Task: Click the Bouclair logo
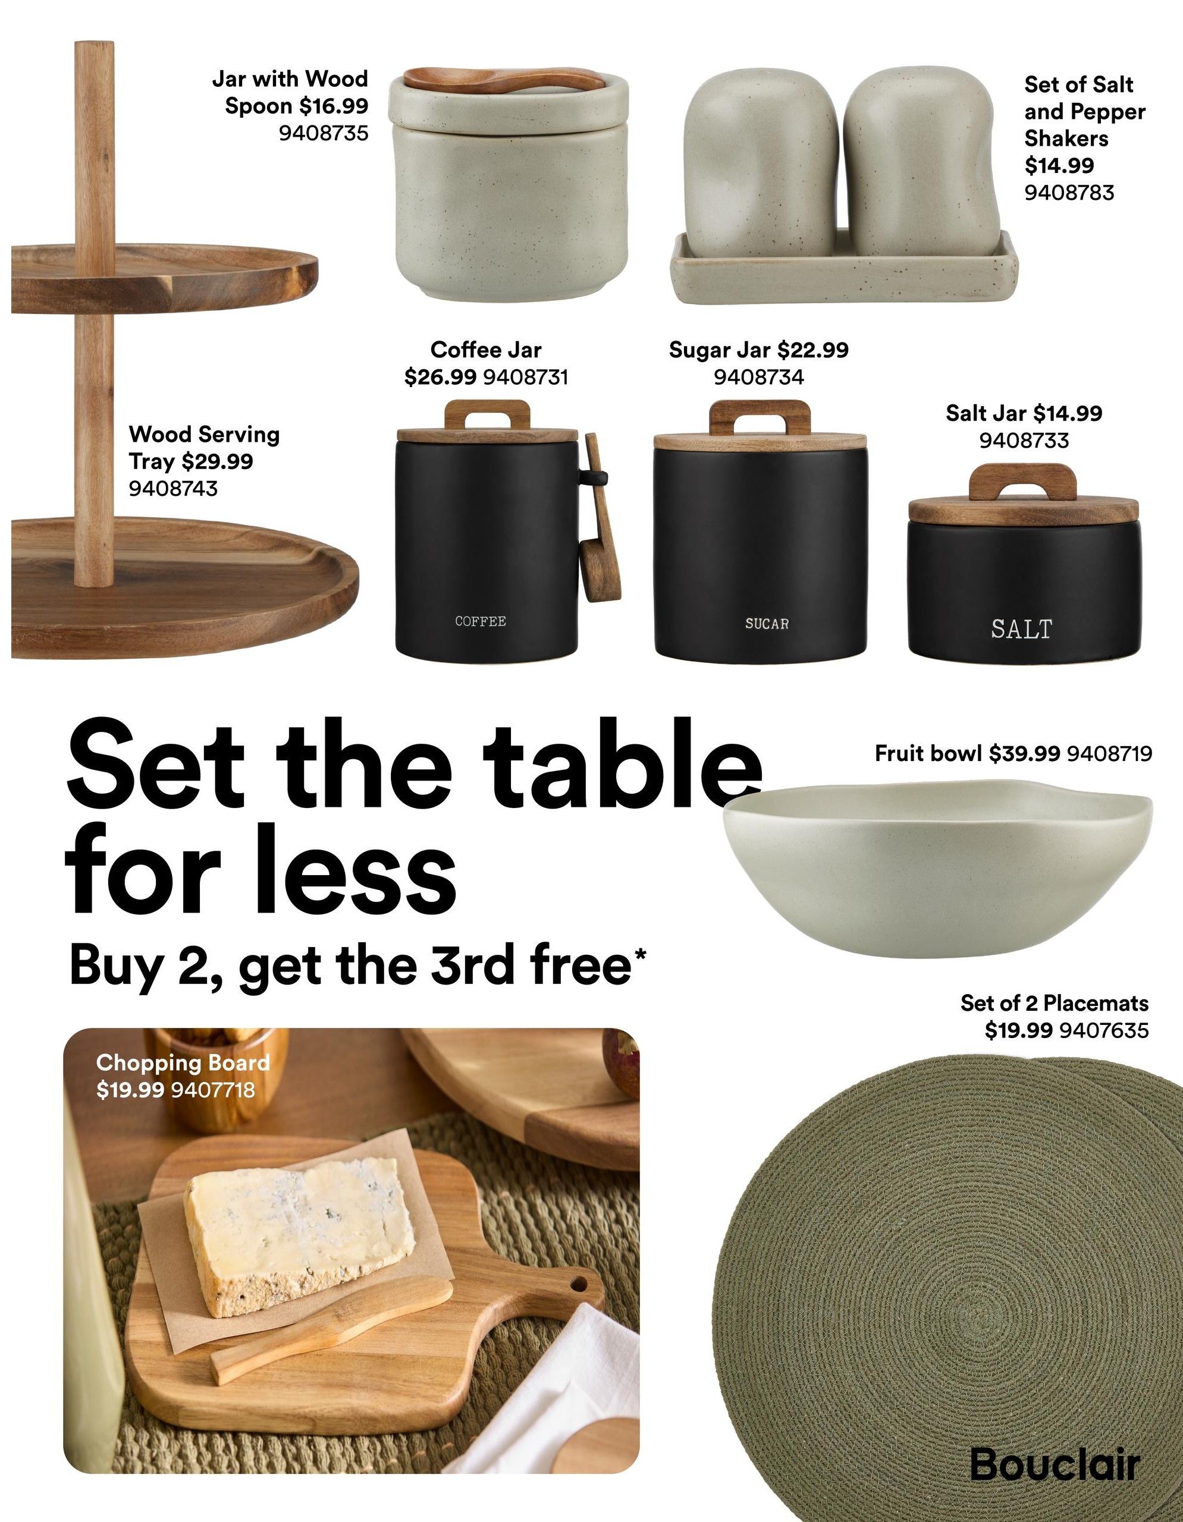click(x=1055, y=1464)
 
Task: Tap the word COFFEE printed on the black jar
click(x=481, y=621)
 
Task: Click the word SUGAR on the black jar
click(x=767, y=624)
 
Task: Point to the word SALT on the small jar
click(x=1021, y=628)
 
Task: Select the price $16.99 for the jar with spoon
click(x=334, y=106)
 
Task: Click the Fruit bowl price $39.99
click(x=1025, y=753)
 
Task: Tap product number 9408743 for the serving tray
click(x=173, y=488)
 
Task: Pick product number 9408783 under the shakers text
click(x=1069, y=193)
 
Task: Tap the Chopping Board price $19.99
click(x=130, y=1089)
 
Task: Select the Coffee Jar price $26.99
click(x=441, y=377)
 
